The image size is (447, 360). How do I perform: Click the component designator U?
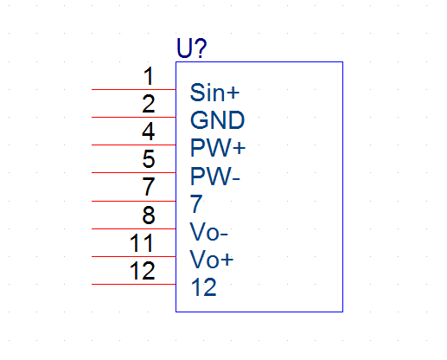(x=192, y=48)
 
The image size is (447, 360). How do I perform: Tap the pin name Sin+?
(x=214, y=93)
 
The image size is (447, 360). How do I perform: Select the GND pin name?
(x=217, y=120)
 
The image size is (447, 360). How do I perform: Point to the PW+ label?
(x=218, y=148)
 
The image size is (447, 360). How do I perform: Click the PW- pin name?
(x=215, y=176)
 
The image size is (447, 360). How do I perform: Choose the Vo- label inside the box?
(x=209, y=232)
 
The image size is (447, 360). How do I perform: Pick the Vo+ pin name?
(x=212, y=260)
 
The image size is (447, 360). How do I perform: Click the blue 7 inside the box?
(x=196, y=203)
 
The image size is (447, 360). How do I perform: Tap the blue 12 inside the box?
(x=203, y=287)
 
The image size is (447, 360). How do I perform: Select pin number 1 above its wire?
(x=149, y=76)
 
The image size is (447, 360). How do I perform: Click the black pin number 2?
(x=149, y=104)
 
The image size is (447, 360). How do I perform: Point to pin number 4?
(x=149, y=132)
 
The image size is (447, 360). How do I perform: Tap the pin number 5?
(x=149, y=158)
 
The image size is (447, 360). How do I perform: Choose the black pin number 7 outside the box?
(x=149, y=186)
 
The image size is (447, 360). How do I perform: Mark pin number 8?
(x=149, y=215)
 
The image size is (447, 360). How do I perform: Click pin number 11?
(x=141, y=242)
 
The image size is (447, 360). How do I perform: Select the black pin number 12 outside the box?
(x=143, y=271)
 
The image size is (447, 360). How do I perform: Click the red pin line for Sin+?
(x=134, y=90)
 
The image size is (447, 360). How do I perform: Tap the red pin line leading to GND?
(x=134, y=118)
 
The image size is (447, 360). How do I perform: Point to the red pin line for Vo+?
(x=134, y=256)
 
